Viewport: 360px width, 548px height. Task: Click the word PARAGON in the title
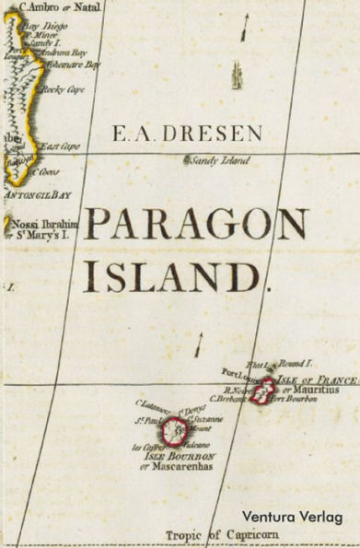pos(196,225)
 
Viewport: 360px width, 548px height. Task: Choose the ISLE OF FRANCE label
pos(318,379)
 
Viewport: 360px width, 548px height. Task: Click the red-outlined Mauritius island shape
pos(264,391)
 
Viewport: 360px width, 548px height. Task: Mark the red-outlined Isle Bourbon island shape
pos(173,430)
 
